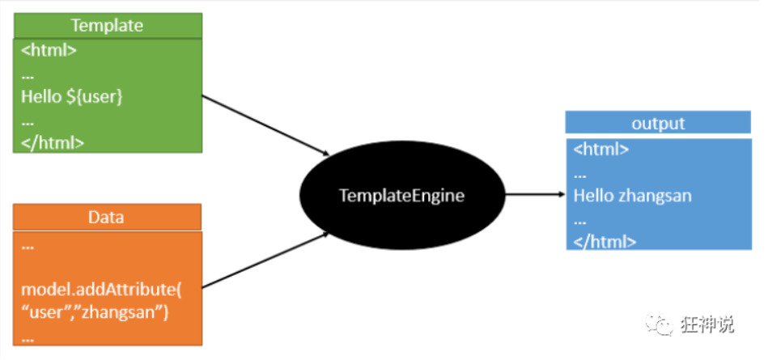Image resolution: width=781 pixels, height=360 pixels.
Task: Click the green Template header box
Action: tap(107, 25)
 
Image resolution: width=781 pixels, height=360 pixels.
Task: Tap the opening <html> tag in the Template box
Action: tap(49, 50)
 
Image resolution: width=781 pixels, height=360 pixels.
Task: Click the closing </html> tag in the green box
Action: tap(53, 142)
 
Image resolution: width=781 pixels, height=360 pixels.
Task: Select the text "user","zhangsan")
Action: tap(94, 312)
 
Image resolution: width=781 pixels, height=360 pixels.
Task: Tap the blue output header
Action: tap(657, 123)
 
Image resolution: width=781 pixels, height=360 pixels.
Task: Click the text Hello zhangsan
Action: tap(632, 195)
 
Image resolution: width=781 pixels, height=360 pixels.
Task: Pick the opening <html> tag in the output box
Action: tap(601, 150)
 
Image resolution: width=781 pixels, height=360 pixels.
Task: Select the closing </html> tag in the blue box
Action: tap(605, 241)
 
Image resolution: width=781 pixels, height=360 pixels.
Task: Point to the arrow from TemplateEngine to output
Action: tap(534, 195)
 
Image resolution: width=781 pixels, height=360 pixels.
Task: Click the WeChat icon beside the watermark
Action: tap(659, 324)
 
